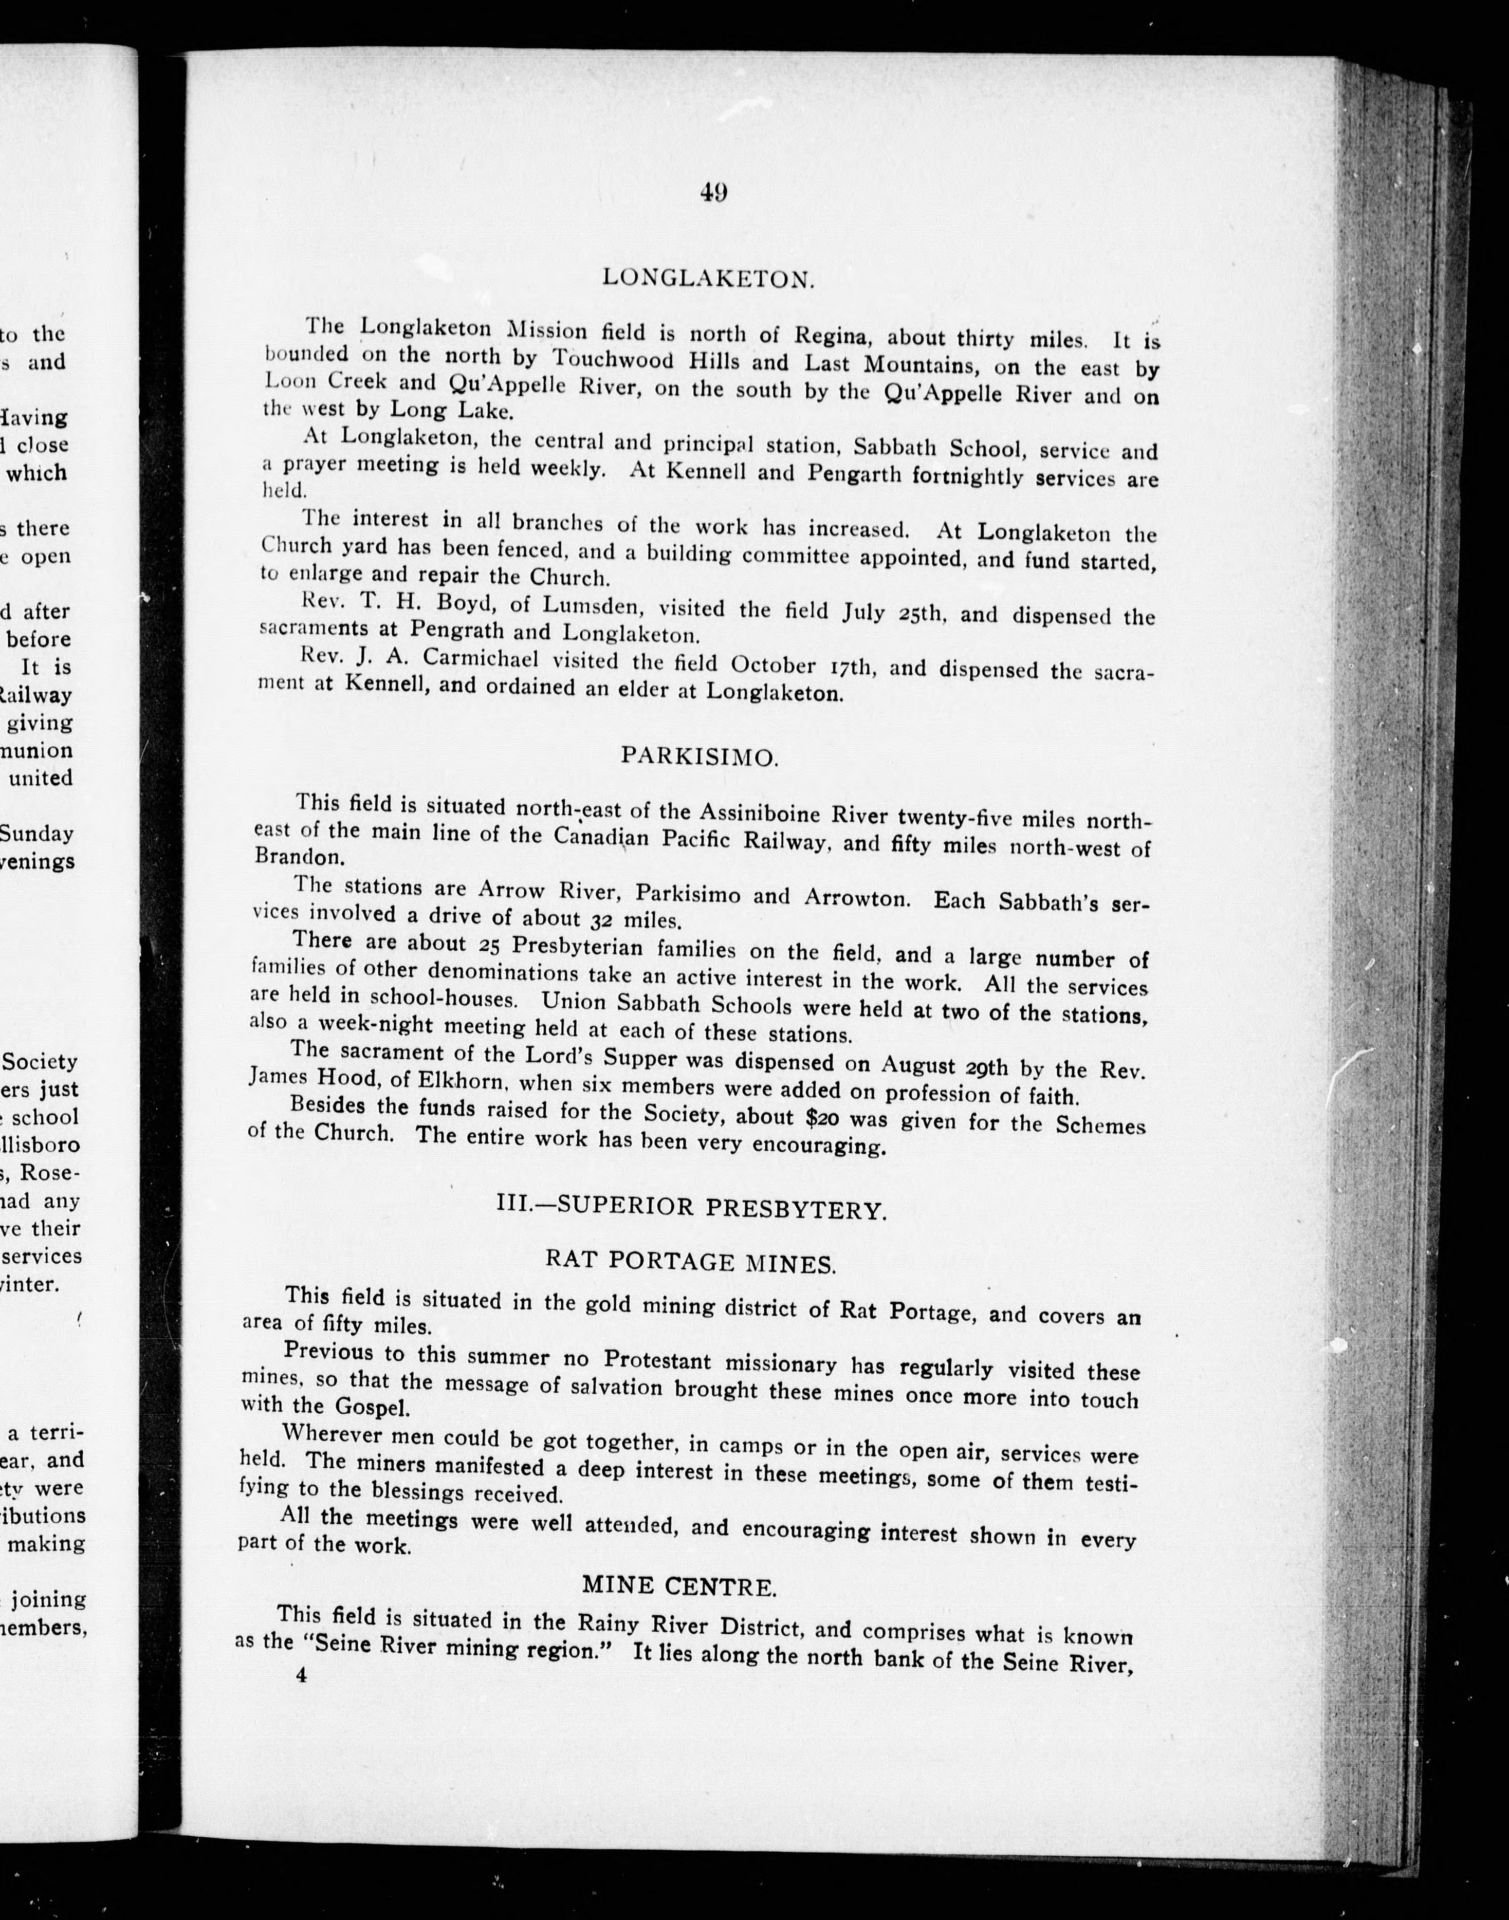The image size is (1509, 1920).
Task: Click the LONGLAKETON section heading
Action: [708, 278]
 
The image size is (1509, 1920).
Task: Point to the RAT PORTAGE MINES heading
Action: [691, 1263]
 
